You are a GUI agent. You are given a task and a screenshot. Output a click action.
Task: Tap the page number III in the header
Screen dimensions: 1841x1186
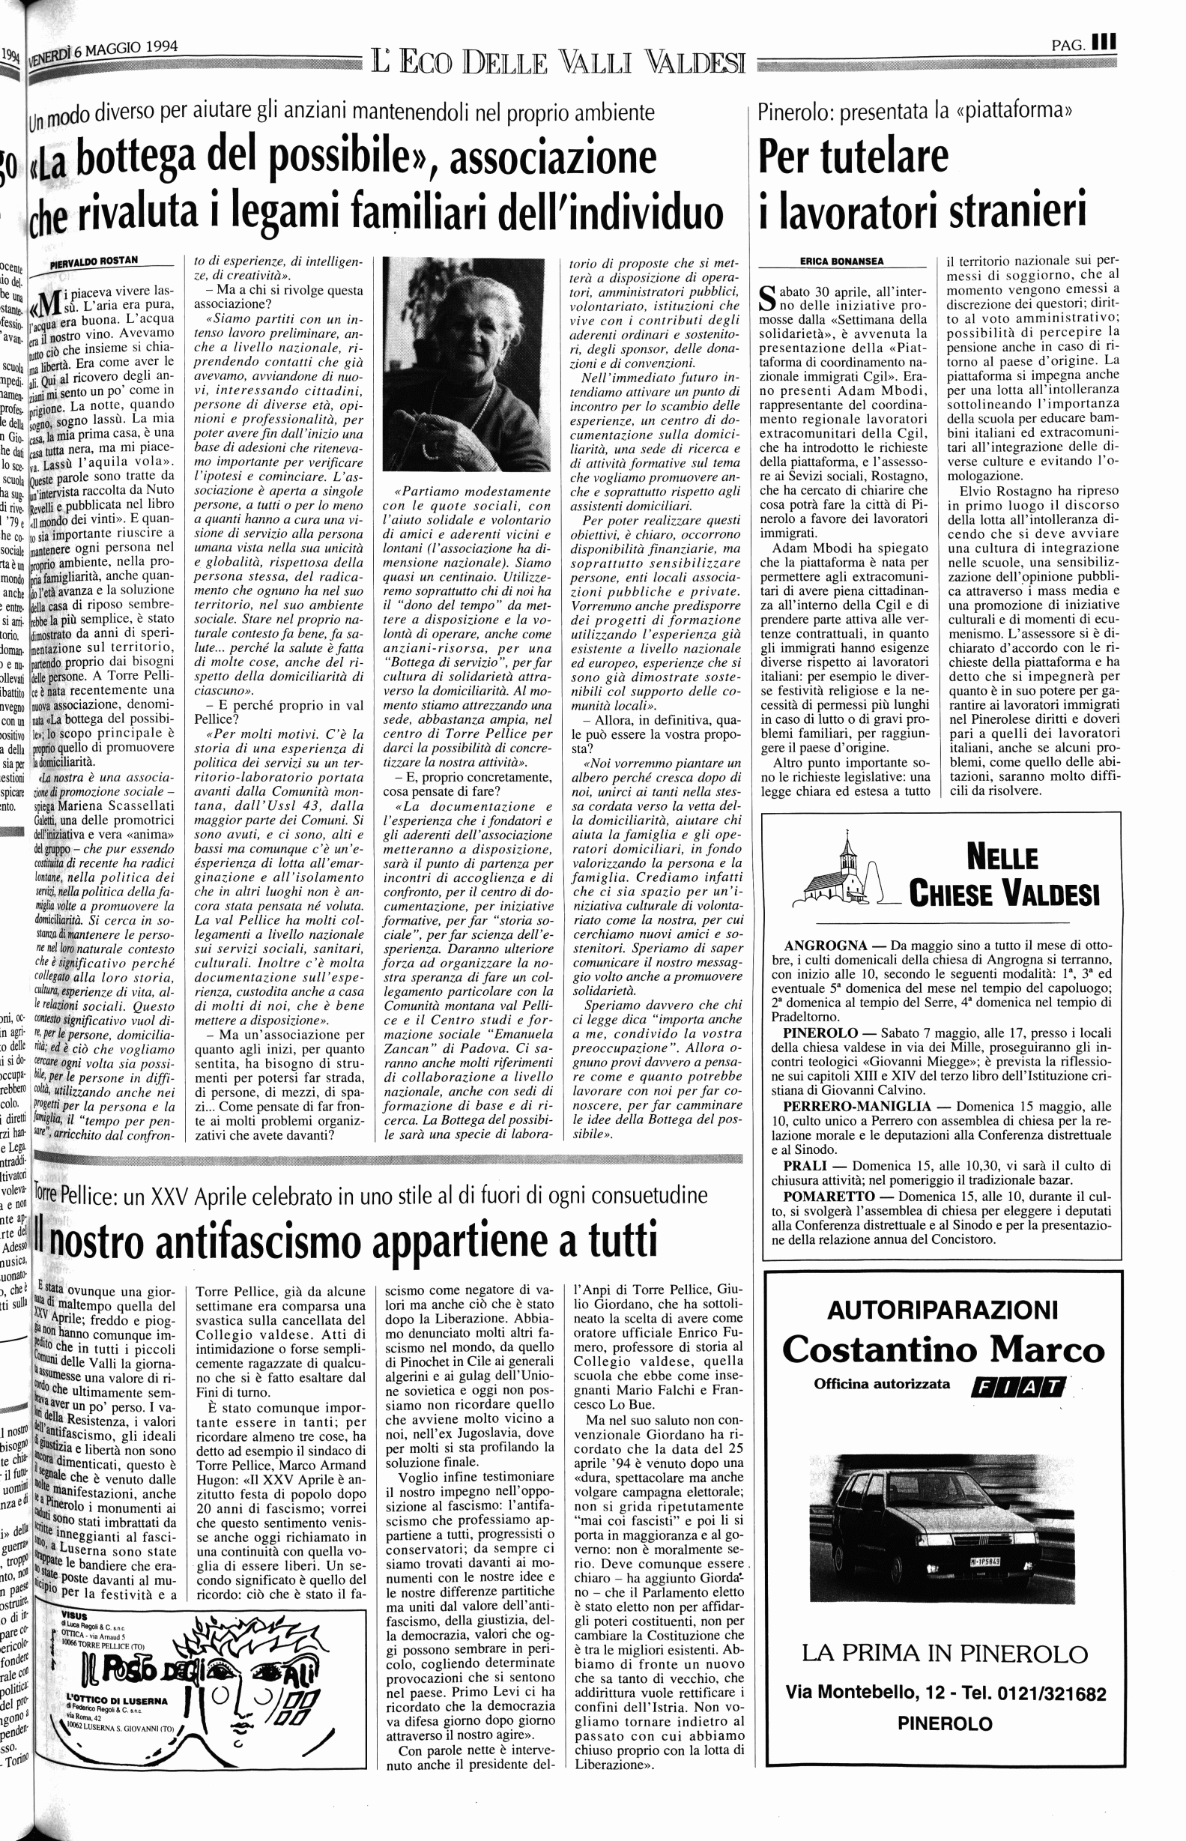[1104, 43]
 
